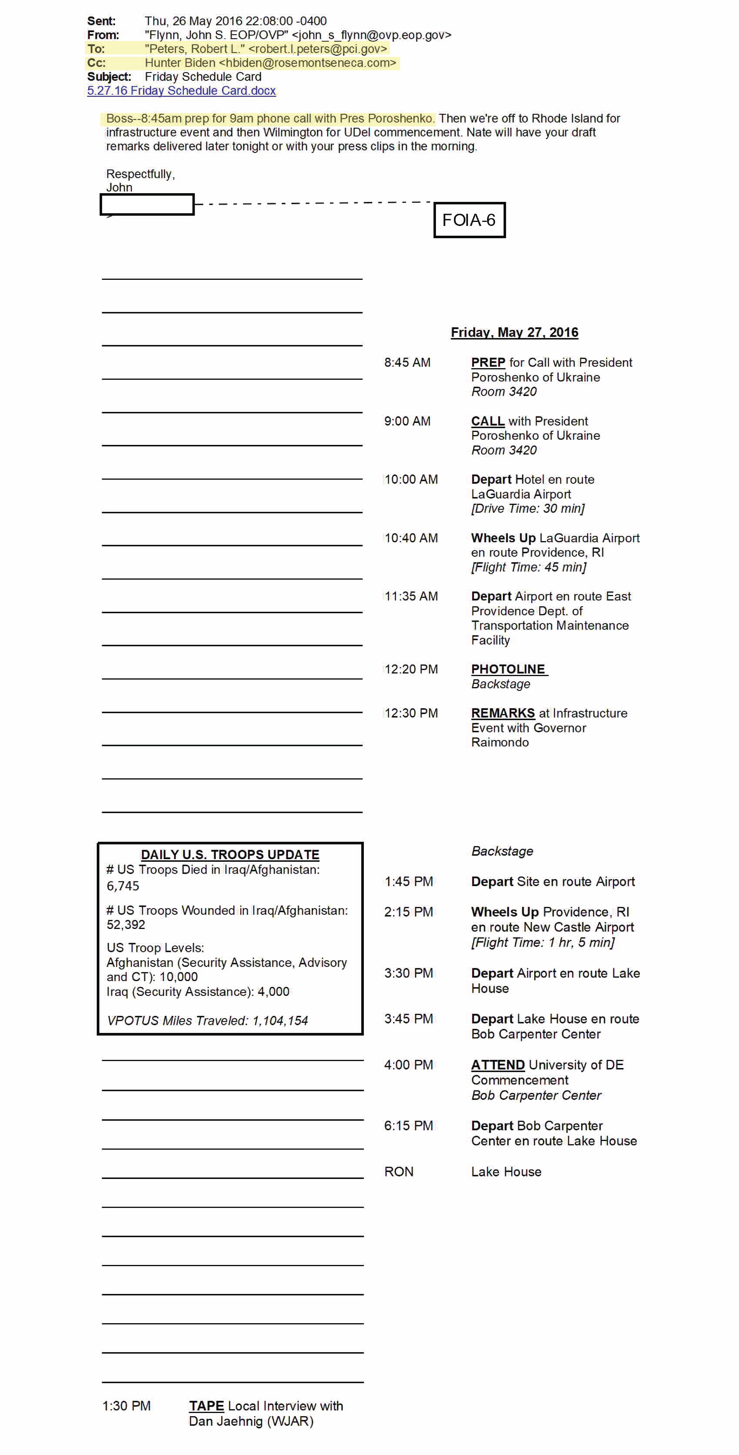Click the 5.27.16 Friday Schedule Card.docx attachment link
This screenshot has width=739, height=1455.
click(181, 91)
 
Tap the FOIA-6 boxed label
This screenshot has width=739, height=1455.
click(469, 220)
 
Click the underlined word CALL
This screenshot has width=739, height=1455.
click(488, 421)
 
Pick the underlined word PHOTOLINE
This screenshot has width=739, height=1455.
click(508, 669)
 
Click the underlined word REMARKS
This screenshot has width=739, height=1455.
click(503, 713)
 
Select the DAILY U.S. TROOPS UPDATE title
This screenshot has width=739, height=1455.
click(230, 855)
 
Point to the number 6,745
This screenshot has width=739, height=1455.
click(123, 886)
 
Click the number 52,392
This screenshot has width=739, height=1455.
click(126, 925)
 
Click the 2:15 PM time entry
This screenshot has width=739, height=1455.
click(408, 912)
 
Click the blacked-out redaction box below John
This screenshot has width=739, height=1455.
click(147, 205)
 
